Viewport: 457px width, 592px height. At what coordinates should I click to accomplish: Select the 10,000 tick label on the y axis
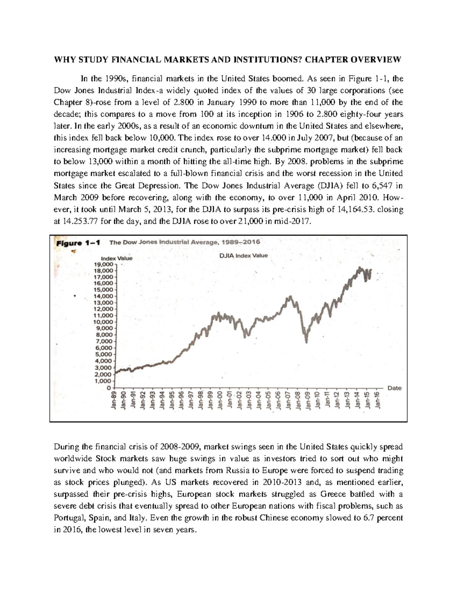tap(103, 322)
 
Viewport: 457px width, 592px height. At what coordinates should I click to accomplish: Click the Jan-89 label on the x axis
tap(113, 401)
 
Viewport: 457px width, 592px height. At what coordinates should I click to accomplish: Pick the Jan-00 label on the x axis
tap(220, 401)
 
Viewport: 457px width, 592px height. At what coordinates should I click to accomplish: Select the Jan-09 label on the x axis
tap(308, 401)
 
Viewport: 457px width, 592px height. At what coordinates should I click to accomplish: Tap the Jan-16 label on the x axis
tap(377, 401)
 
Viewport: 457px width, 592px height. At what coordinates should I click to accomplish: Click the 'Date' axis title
tap(394, 388)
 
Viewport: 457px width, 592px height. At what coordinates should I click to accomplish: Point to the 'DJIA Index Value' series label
tap(244, 255)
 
